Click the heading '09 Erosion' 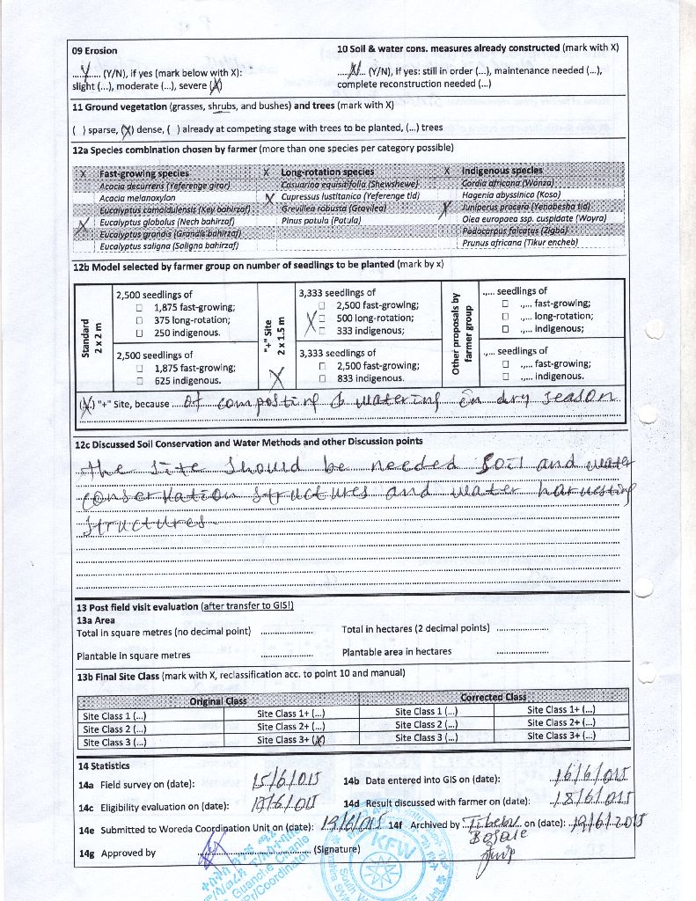coord(94,50)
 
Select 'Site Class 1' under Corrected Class coord(426,711)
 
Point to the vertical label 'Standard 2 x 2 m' coord(92,335)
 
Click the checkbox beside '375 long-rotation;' coord(140,321)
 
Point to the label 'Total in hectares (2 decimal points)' coord(415,628)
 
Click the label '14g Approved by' coord(117,852)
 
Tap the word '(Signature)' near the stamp coord(337,849)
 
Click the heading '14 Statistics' coord(104,765)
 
